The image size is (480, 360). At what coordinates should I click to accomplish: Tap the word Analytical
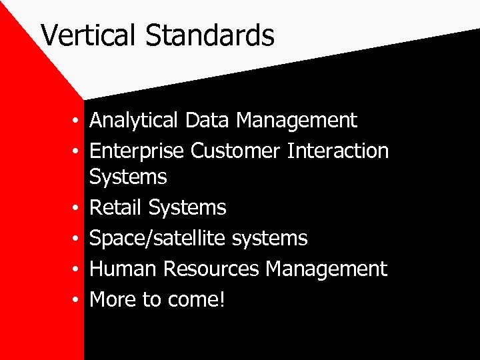point(133,121)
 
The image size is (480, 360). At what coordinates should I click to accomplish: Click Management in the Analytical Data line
point(297,121)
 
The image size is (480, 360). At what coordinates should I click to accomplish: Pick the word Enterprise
point(137,151)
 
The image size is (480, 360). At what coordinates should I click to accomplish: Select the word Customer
point(235,151)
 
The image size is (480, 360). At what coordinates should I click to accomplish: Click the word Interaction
point(337,151)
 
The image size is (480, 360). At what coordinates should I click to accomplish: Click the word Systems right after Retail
point(187,208)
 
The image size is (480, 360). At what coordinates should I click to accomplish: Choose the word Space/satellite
point(164,238)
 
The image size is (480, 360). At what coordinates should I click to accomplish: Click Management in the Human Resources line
point(326,269)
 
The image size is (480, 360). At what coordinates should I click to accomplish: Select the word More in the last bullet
point(113,299)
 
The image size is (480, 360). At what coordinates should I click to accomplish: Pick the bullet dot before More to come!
point(78,300)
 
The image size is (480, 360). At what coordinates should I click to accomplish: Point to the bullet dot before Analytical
point(78,121)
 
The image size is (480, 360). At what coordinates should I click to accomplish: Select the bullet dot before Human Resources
point(78,269)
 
